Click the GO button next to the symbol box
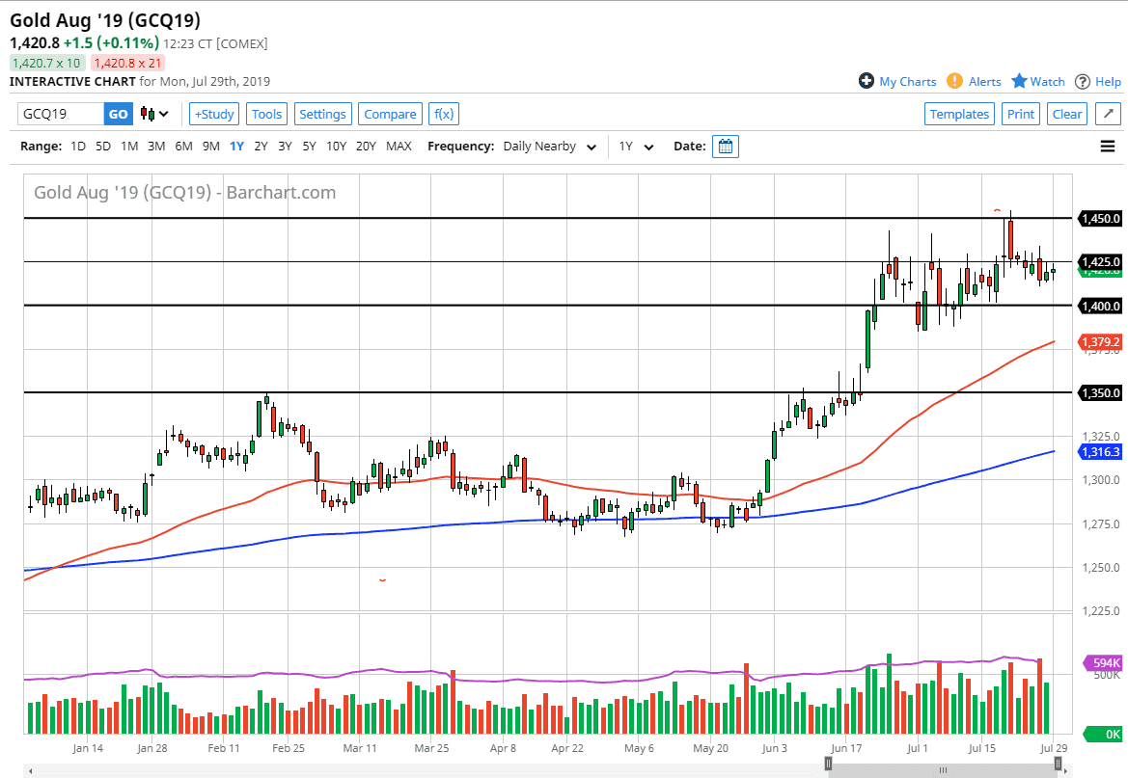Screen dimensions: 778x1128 (x=118, y=114)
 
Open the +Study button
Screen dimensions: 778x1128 (x=213, y=114)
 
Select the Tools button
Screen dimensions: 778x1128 (x=266, y=114)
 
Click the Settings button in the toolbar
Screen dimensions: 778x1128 (x=322, y=114)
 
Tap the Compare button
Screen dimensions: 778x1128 (x=390, y=114)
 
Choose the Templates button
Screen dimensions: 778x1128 (x=959, y=114)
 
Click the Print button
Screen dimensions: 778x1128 (x=1020, y=114)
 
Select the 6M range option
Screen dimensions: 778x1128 (x=183, y=147)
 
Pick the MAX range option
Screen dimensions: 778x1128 (x=399, y=147)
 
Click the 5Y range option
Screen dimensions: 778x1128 (x=309, y=147)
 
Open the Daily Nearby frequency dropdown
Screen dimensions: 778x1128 (x=549, y=147)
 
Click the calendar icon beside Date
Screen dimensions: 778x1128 (x=726, y=147)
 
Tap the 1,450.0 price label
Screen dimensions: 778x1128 (x=1101, y=219)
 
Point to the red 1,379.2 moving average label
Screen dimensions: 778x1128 (x=1101, y=342)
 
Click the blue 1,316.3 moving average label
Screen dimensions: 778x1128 (x=1101, y=451)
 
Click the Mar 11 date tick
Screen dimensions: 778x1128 (x=359, y=747)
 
